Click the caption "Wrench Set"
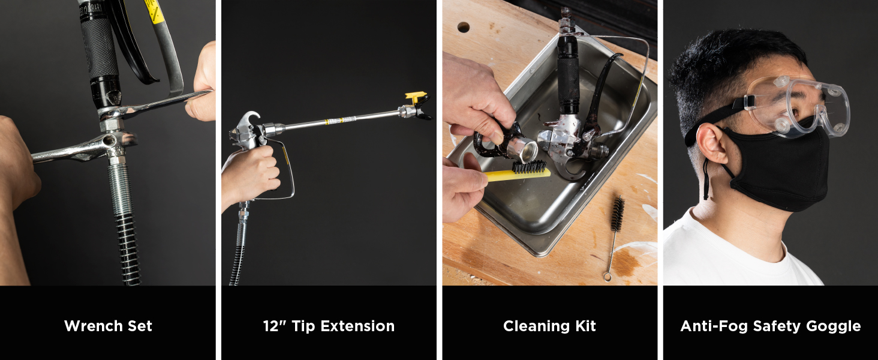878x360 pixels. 108,326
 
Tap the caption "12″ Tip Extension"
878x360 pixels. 329,326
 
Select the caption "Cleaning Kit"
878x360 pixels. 549,326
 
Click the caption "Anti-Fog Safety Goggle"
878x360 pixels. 770,326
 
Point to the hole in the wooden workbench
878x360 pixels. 464,27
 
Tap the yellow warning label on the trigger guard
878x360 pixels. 154,12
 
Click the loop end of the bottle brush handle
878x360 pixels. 607,277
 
